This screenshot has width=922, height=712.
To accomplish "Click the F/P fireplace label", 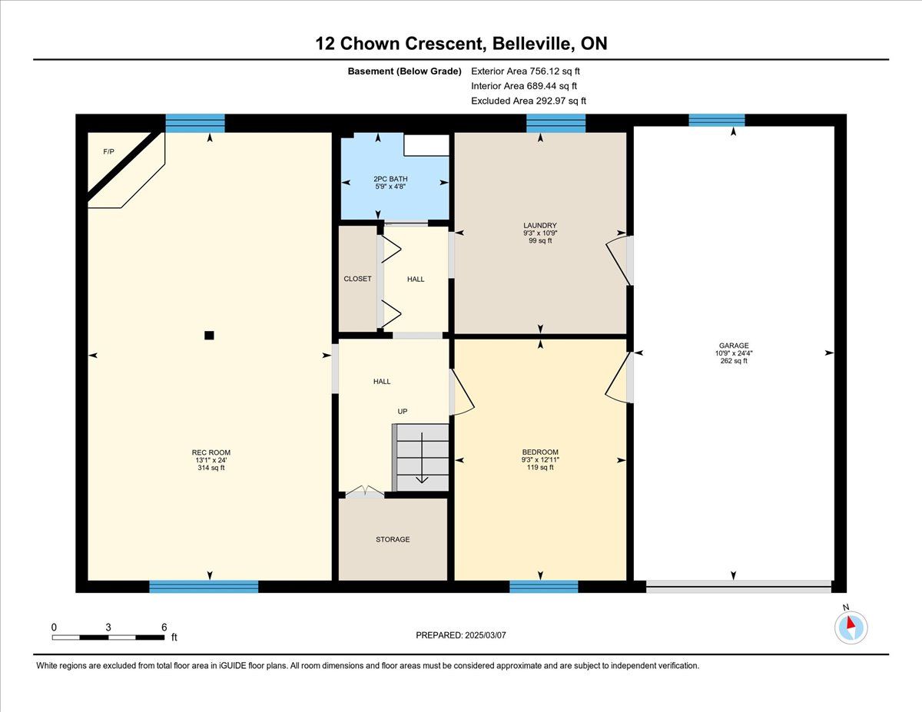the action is coord(108,151).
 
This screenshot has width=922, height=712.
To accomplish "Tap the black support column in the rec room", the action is coord(209,336).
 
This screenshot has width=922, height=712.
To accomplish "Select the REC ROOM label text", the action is coord(211,452).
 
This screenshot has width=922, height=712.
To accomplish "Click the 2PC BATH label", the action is coord(390,179).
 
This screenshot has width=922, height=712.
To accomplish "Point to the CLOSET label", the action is coord(357,279).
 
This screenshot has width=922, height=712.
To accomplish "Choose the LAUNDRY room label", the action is coord(539,225).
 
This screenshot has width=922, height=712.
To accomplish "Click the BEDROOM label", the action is coord(540,452).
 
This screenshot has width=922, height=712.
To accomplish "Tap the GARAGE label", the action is coord(734,346).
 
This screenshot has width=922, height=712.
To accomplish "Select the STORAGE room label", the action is coord(393,539).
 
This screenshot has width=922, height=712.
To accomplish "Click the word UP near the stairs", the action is coord(403,412).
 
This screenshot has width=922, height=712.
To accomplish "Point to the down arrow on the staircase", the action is coord(422,458).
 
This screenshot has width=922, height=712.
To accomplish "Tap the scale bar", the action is coord(108,637).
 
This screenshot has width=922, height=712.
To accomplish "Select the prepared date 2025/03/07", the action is coord(486,635).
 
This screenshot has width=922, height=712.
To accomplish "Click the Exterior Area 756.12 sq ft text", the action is coord(526,71).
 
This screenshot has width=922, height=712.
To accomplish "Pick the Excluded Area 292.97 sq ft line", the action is coord(529,101).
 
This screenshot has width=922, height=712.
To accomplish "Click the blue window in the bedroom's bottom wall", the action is coord(543,587).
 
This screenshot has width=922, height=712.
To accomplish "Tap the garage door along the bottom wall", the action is coord(738,587).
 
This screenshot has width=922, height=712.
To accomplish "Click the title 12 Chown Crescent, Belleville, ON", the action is coord(461,44).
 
